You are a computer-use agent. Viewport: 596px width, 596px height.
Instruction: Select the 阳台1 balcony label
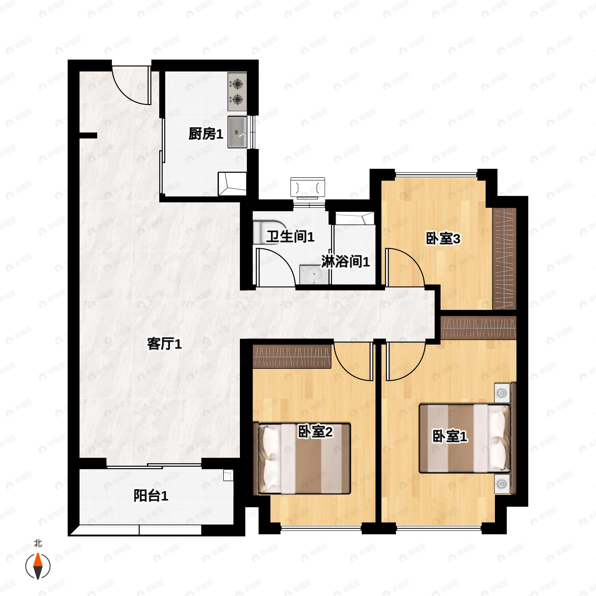click(151, 496)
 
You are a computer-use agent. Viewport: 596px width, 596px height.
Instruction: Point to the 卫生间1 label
click(290, 237)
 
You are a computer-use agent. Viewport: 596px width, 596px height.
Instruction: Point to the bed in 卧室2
click(302, 459)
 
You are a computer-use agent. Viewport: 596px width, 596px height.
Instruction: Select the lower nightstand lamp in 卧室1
click(502, 484)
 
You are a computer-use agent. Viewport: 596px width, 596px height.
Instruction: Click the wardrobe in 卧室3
click(504, 259)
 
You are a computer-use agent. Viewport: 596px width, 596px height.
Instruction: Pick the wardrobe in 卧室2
click(292, 356)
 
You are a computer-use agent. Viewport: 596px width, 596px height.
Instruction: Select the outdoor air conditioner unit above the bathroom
click(308, 187)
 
